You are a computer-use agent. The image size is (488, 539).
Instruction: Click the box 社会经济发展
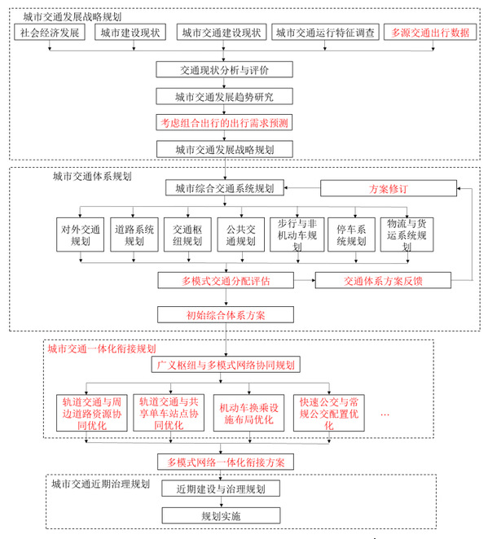(x=50, y=33)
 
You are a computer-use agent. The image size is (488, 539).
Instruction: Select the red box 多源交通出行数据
(x=430, y=33)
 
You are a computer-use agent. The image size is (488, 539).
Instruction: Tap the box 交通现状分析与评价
(x=224, y=70)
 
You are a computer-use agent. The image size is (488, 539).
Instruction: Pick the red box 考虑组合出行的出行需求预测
(x=224, y=122)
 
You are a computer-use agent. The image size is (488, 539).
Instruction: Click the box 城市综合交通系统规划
(x=225, y=188)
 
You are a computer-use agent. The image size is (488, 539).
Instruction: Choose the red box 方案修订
(x=389, y=188)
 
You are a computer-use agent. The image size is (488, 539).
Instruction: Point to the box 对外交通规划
(x=80, y=234)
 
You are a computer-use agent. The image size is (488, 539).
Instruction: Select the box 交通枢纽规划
(x=187, y=234)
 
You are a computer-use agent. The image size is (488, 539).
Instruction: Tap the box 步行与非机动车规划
(x=297, y=234)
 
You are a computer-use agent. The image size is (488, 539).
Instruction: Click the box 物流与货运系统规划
(x=407, y=234)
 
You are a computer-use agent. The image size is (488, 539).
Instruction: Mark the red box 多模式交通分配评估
(x=226, y=281)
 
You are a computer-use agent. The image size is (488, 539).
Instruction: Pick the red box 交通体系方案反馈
(x=383, y=281)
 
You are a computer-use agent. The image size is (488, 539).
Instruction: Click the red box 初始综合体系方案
(x=226, y=315)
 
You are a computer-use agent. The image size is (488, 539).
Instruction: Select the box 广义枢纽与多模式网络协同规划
(x=226, y=365)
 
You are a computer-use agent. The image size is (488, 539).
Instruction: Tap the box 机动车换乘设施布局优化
(x=248, y=413)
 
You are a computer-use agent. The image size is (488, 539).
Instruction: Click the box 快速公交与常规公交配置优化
(x=329, y=413)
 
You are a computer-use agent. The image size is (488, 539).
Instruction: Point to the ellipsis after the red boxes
(x=385, y=415)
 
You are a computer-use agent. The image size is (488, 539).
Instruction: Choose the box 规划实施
(x=221, y=515)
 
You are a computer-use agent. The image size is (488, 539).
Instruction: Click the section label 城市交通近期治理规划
(x=101, y=484)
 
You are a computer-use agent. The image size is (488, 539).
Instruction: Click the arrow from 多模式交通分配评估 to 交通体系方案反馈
(x=305, y=281)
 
